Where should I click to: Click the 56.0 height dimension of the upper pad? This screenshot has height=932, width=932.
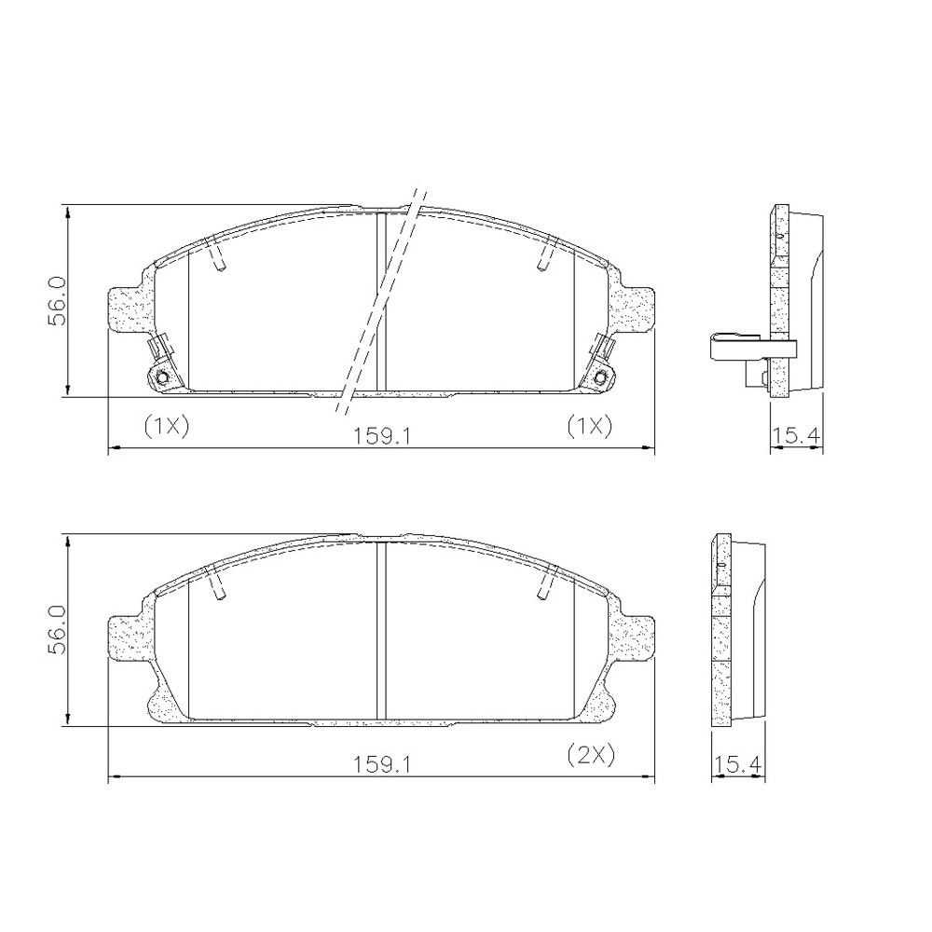pos(58,301)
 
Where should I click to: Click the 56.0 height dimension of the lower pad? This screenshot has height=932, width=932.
pos(58,631)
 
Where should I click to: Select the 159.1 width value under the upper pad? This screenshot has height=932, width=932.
pos(383,437)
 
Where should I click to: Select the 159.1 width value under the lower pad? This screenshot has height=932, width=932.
pos(383,764)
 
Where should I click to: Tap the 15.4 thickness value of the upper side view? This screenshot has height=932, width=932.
pos(796,437)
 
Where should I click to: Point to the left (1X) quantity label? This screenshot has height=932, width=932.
pos(167,426)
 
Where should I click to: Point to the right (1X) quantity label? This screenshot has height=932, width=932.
pos(589,426)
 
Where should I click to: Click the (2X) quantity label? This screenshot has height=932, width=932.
pos(589,755)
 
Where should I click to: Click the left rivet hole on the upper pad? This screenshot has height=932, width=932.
pos(161,377)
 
